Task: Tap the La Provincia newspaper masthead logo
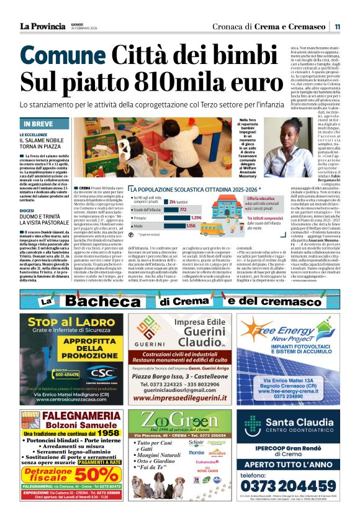pos(42,26)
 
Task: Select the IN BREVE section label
pos(44,124)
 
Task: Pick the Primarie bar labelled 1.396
pos(173,217)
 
